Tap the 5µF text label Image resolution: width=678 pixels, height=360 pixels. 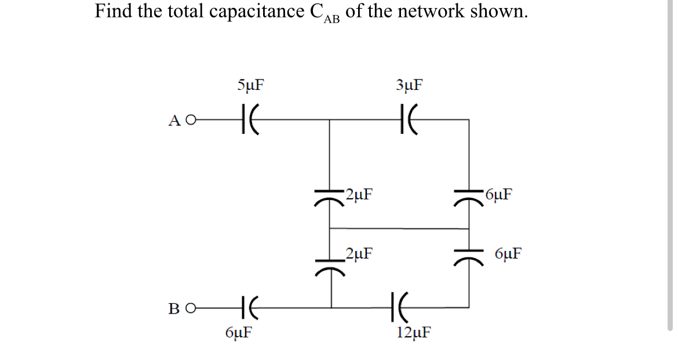click(x=250, y=85)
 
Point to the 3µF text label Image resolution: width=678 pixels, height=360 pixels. click(x=409, y=85)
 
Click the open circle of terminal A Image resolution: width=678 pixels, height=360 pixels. click(x=190, y=121)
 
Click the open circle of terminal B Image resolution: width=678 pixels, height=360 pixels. click(x=190, y=307)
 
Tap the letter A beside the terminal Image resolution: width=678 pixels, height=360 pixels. click(x=174, y=121)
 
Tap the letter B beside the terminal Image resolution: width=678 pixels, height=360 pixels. click(x=174, y=308)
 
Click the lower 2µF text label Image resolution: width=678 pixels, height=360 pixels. click(x=359, y=253)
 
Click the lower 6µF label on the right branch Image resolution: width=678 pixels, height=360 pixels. click(x=508, y=253)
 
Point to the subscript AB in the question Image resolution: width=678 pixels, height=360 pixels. click(x=332, y=19)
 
